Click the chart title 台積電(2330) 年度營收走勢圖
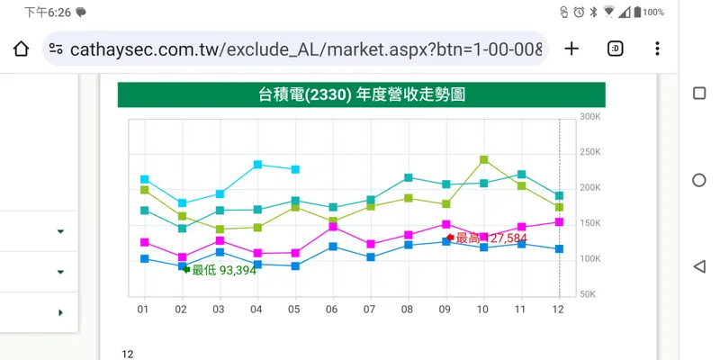click(361, 94)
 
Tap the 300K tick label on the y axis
click(590, 117)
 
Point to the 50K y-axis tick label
click(588, 294)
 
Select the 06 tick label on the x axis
click(332, 310)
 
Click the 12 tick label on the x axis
click(558, 310)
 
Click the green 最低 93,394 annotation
click(223, 270)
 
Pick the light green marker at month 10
click(484, 160)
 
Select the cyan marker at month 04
click(257, 165)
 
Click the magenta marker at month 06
click(333, 227)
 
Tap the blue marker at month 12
click(559, 248)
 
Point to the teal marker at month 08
click(408, 177)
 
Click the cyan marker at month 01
click(144, 179)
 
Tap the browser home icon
click(22, 49)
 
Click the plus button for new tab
click(571, 49)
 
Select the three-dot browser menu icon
click(658, 49)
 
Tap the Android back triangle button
click(699, 266)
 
